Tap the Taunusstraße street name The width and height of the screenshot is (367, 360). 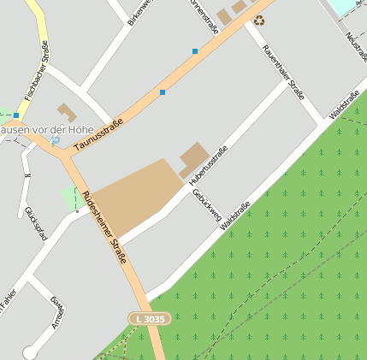click(98, 135)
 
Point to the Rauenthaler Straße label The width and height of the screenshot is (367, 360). click(283, 73)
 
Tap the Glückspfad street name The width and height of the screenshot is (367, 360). click(35, 222)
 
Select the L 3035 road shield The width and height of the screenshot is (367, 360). click(151, 318)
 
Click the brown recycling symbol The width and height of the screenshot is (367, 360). click(259, 21)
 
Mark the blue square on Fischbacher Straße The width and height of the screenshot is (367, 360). click(16, 115)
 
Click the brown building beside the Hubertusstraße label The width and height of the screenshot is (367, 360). click(193, 159)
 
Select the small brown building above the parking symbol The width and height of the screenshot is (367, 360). click(66, 112)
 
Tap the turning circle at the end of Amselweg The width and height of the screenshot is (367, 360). click(31, 352)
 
